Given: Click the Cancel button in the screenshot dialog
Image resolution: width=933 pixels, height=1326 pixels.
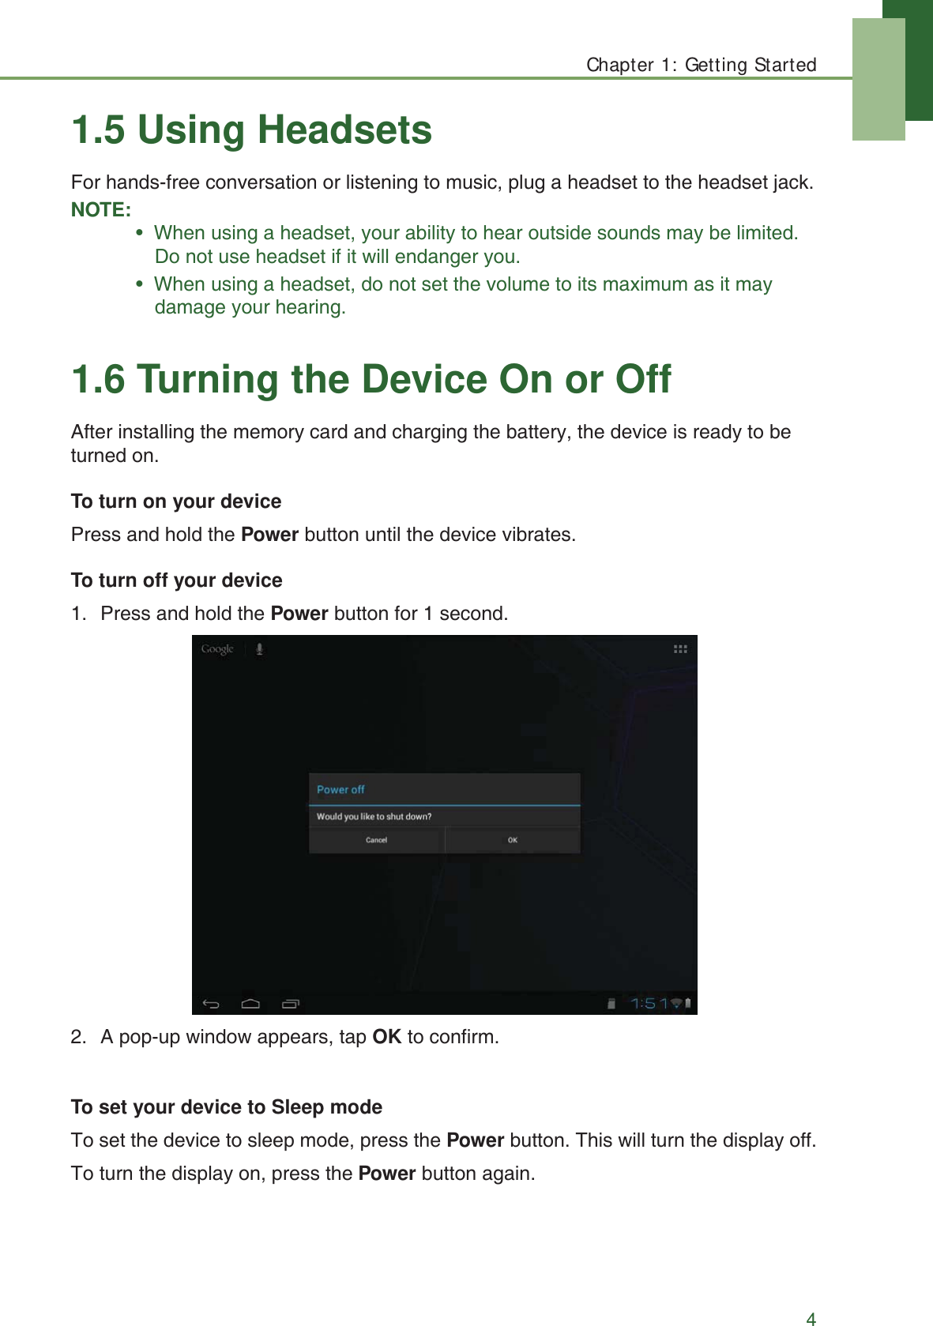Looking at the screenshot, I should (376, 840).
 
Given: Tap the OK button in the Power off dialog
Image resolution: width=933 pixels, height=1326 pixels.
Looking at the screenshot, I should (513, 840).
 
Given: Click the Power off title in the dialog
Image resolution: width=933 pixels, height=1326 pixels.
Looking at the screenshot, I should (340, 790).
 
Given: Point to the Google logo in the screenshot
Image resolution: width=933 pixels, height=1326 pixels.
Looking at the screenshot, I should (217, 649).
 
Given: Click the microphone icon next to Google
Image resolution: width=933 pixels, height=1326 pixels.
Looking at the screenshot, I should (259, 649).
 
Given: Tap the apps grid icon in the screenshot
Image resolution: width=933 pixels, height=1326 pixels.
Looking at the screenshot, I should (680, 649).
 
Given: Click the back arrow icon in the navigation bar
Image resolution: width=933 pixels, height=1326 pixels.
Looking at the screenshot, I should (211, 1004).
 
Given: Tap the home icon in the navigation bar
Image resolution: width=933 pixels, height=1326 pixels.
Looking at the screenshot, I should (250, 1004).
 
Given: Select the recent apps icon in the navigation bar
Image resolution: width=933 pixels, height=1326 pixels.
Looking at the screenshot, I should (291, 1004).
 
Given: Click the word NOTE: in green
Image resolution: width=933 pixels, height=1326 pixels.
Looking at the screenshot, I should (101, 210).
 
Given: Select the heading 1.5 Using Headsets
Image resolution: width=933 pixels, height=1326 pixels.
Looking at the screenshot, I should (251, 130).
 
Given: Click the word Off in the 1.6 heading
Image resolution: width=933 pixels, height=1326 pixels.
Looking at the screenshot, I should (643, 380).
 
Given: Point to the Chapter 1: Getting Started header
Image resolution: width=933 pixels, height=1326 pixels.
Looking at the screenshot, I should (701, 65).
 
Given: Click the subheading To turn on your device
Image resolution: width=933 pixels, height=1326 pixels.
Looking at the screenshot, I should (176, 501).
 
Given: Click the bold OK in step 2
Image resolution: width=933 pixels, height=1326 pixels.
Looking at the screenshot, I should (386, 1037).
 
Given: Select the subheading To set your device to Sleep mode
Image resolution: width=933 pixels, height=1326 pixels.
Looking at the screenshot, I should (227, 1107).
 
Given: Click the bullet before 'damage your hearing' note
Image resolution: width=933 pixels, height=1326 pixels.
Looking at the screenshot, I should (140, 284).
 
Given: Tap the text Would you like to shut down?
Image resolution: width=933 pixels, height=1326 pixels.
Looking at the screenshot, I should (374, 817).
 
